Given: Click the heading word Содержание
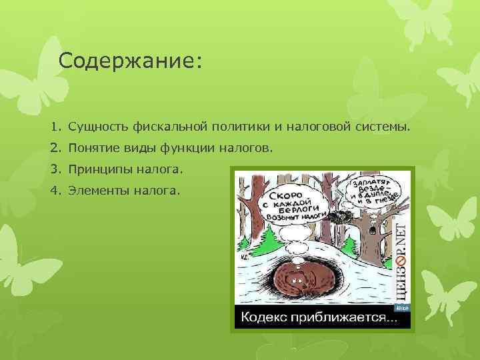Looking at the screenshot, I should pyautogui.click(x=129, y=61).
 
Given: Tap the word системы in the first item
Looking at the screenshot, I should pyautogui.click(x=378, y=126).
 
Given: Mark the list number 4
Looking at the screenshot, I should pyautogui.click(x=54, y=191).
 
